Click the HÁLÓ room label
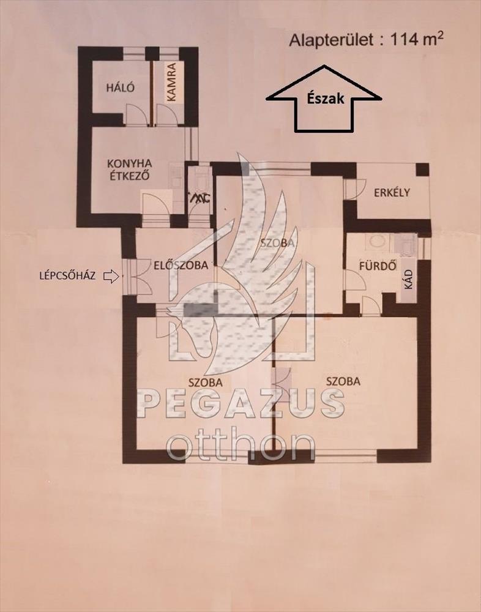[x=121, y=87]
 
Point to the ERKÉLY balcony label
[x=392, y=192]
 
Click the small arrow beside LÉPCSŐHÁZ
[x=111, y=277]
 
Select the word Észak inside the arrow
[x=324, y=99]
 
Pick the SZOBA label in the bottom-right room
[x=343, y=381]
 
